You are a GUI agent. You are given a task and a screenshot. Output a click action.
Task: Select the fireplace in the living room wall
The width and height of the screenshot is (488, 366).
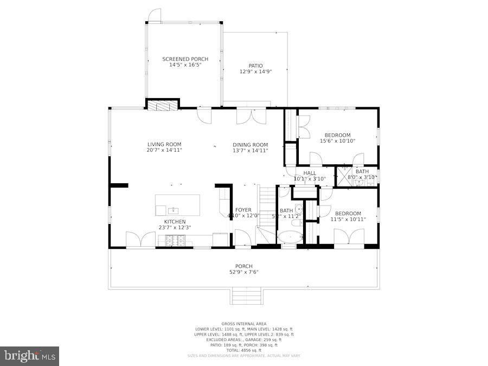coord(163,105)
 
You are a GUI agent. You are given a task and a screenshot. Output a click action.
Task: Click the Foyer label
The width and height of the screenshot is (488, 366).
coord(243,210)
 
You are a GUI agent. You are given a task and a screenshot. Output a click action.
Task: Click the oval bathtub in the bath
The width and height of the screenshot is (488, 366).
coord(291,237)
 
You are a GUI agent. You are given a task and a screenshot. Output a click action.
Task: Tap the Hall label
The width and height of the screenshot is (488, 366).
coord(310,173)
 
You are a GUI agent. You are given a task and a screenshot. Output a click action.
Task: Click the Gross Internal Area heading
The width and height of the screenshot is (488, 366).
coord(243,324)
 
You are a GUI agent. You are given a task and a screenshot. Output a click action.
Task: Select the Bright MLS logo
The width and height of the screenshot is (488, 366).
coord(29,356)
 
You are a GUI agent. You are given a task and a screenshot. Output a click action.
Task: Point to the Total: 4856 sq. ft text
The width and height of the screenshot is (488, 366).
coord(243,350)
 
